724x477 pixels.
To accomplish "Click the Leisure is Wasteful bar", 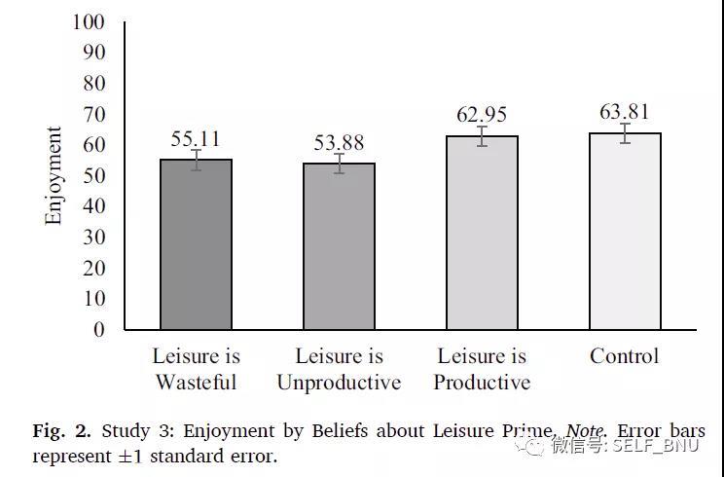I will (196, 245).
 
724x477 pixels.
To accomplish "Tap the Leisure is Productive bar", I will (482, 234).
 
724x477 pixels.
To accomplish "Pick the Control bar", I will (624, 232).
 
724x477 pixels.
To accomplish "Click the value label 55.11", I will (196, 138).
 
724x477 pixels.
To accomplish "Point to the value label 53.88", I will (339, 143).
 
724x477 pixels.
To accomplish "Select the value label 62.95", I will (482, 115).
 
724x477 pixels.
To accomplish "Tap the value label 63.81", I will (624, 112).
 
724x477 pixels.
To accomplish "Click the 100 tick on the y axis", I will (89, 21).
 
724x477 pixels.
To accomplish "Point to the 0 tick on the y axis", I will (97, 329).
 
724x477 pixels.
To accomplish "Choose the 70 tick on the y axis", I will (92, 114).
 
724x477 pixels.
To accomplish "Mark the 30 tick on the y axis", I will (92, 237).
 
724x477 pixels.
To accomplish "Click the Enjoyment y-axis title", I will (54, 175).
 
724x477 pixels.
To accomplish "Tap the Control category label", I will (624, 356).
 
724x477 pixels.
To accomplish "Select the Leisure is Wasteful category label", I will (196, 369).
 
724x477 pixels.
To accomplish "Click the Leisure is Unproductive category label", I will (339, 369).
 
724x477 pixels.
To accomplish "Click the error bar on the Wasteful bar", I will (196, 160).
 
